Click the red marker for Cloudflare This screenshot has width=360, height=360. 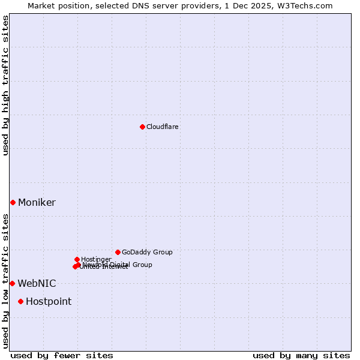pos(142,127)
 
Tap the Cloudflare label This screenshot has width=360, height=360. pos(163,127)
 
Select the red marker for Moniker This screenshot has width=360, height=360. pos(13,202)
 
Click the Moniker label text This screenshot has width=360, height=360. pos(37,203)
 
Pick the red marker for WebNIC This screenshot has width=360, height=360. pos(12,283)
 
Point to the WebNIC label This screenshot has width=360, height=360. pos(37,284)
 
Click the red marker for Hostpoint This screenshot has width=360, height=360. pos(20,301)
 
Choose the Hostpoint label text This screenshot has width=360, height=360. pos(49,302)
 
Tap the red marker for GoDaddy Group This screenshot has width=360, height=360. pos(118,252)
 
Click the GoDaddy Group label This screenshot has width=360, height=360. pos(147,252)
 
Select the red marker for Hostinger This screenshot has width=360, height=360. pos(77,259)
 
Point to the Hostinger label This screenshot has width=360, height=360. pos(96,259)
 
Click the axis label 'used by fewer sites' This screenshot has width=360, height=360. pos(62,355)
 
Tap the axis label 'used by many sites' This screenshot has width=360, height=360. pos(301,355)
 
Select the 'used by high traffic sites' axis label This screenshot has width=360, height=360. pos(6,85)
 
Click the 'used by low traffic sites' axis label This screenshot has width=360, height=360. pos(6,281)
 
